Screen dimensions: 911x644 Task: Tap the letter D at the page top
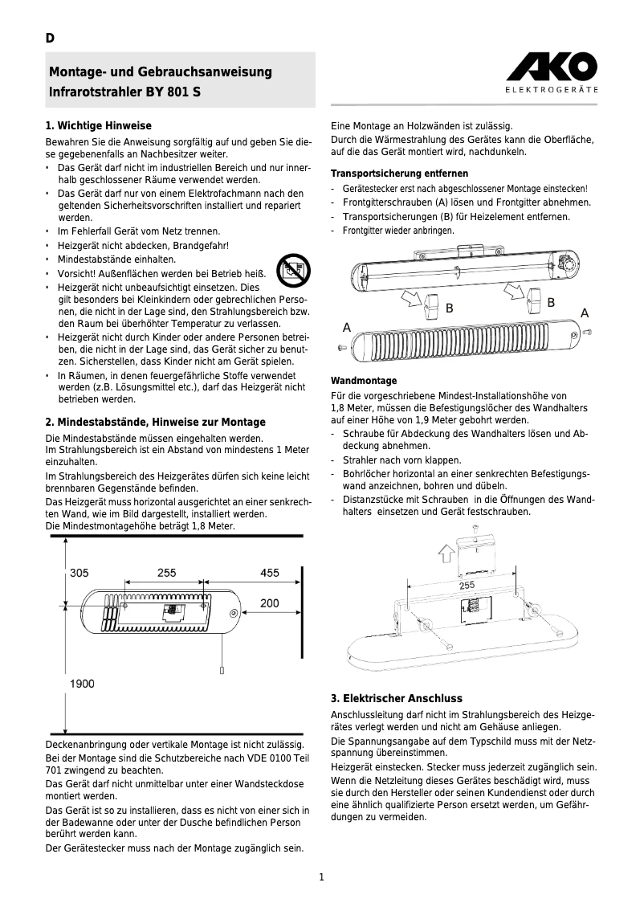(x=50, y=39)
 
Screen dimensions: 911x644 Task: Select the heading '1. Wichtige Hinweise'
(x=99, y=126)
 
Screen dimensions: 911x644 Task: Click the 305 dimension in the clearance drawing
(x=79, y=573)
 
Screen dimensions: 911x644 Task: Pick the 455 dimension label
(x=269, y=573)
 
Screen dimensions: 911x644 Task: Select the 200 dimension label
(x=269, y=603)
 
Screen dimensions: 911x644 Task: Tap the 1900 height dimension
(x=83, y=684)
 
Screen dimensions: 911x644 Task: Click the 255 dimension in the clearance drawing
(x=166, y=573)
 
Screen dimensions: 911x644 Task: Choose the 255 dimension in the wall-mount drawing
(x=467, y=586)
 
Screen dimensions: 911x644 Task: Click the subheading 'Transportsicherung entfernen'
(x=399, y=174)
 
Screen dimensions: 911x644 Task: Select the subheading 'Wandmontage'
(x=364, y=381)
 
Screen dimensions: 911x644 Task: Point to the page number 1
(x=321, y=876)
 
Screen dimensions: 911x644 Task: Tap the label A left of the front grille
(x=347, y=327)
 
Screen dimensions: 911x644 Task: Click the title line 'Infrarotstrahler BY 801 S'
(x=125, y=92)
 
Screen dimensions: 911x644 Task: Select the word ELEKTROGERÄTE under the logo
(x=551, y=89)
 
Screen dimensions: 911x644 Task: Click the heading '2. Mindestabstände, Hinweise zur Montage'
(x=155, y=422)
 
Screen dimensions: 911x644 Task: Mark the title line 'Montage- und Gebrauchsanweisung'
(x=161, y=72)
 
